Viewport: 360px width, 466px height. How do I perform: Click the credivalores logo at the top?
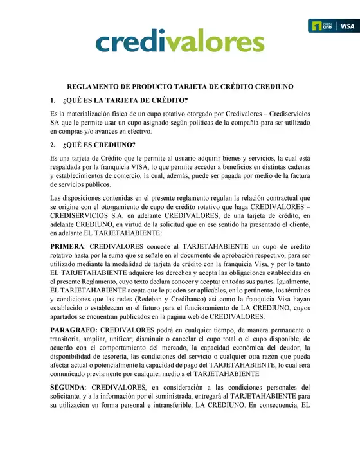coord(179,42)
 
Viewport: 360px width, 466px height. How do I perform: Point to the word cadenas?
coord(294,166)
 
